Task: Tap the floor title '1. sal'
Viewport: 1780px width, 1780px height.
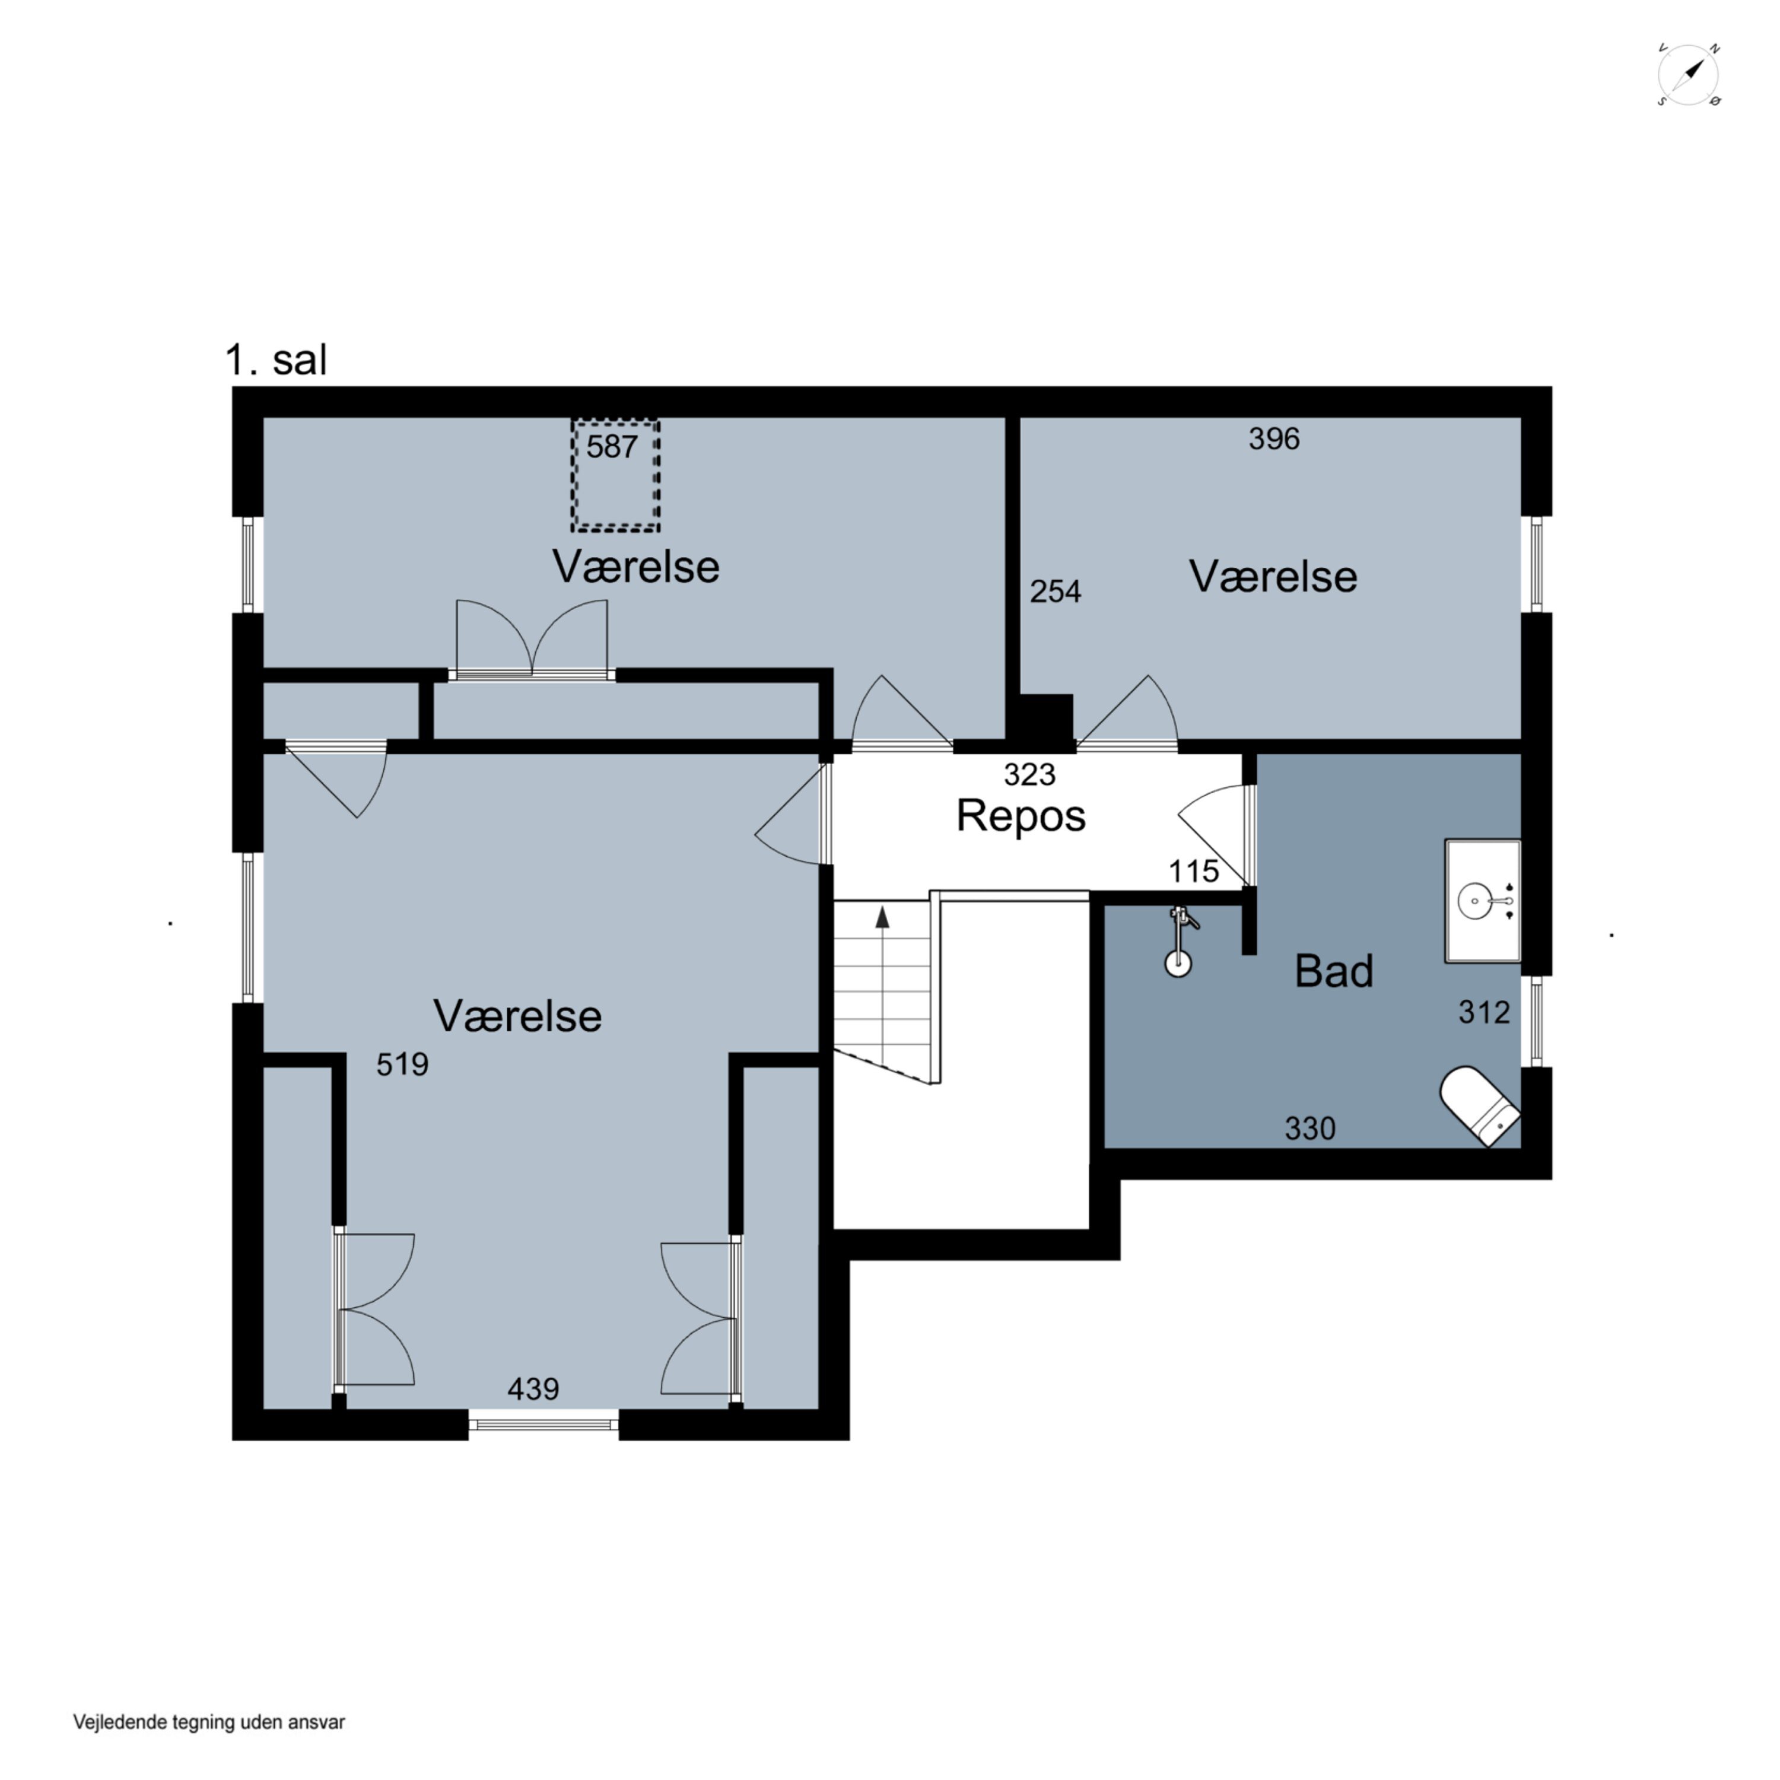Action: [x=275, y=360]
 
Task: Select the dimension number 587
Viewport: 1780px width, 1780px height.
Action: [x=612, y=447]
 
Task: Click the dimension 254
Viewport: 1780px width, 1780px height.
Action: [x=1055, y=592]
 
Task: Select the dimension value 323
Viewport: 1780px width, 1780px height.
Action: [x=1029, y=775]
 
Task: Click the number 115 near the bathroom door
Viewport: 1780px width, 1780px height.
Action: [x=1193, y=872]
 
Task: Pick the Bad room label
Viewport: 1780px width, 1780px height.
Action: [x=1333, y=971]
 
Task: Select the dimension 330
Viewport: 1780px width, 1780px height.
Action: [x=1310, y=1129]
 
